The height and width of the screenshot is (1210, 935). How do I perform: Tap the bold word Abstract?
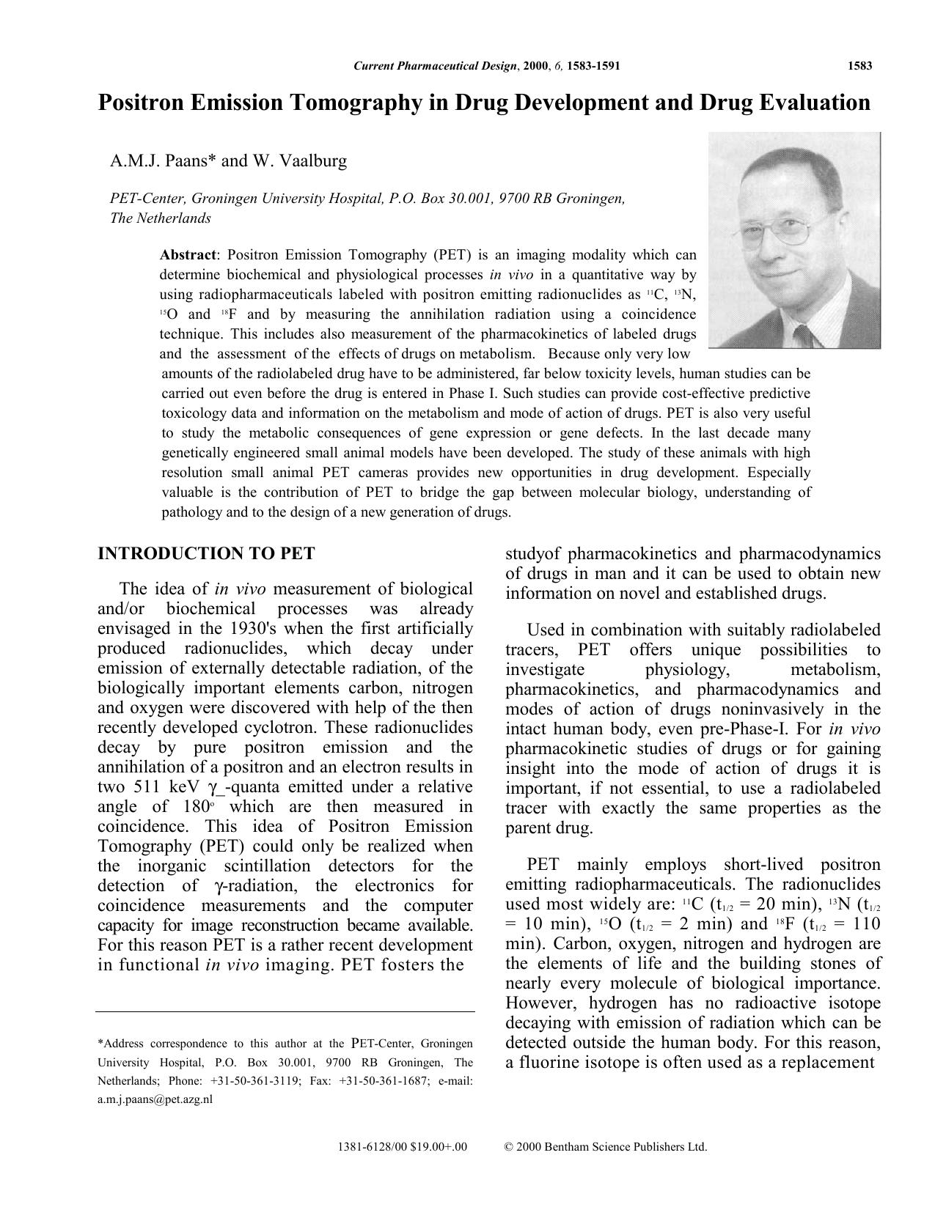pos(188,255)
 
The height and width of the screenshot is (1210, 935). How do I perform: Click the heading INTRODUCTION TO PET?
pos(206,553)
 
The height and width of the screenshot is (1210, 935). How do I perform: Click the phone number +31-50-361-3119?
pos(251,1081)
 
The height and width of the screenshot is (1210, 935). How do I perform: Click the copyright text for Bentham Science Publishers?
pos(606,1147)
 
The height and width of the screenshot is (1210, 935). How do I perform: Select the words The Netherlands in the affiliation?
pos(160,218)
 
